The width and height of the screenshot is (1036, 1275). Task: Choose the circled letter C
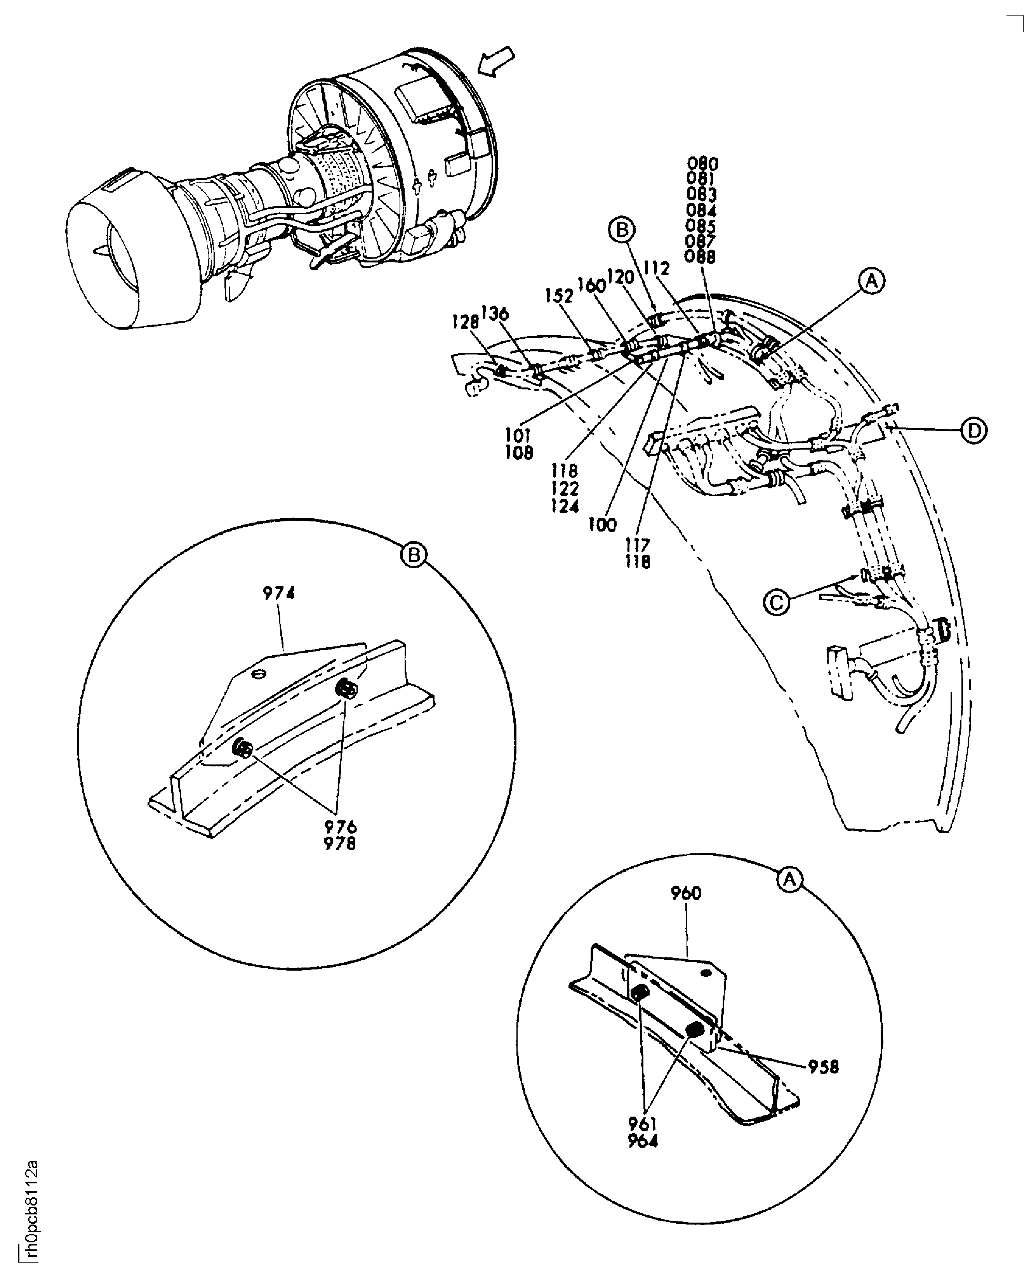pyautogui.click(x=776, y=602)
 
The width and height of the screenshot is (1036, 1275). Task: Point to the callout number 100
pyautogui.click(x=602, y=525)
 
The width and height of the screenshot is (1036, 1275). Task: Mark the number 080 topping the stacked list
pyautogui.click(x=702, y=163)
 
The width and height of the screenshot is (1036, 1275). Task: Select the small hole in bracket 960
pyautogui.click(x=707, y=973)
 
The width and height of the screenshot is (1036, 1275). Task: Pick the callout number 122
pyautogui.click(x=565, y=489)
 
